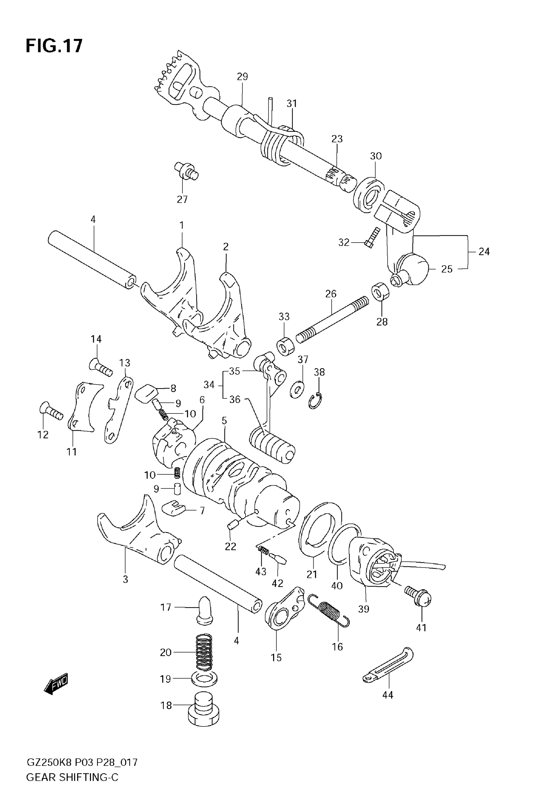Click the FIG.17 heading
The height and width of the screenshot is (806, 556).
[54, 46]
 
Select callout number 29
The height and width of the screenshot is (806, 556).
[242, 77]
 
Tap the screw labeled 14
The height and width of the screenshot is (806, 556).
[101, 367]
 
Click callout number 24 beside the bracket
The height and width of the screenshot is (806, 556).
[484, 252]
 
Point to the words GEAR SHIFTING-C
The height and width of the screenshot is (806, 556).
[73, 787]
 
